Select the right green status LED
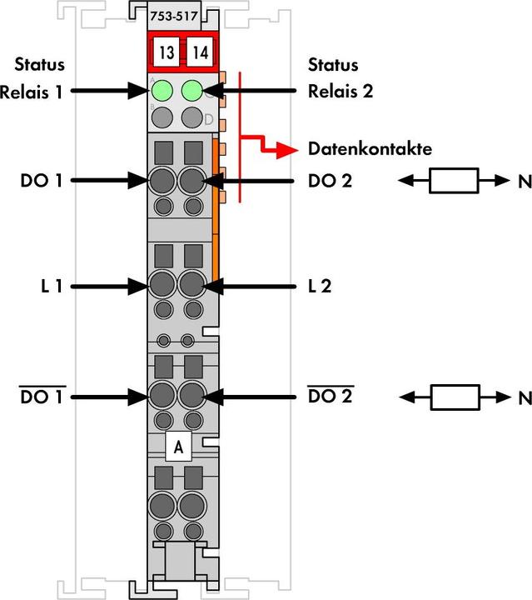[193, 90]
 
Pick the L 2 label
[318, 286]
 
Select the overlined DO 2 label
[330, 397]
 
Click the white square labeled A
[178, 447]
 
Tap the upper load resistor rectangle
[454, 180]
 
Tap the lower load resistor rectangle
[454, 397]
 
